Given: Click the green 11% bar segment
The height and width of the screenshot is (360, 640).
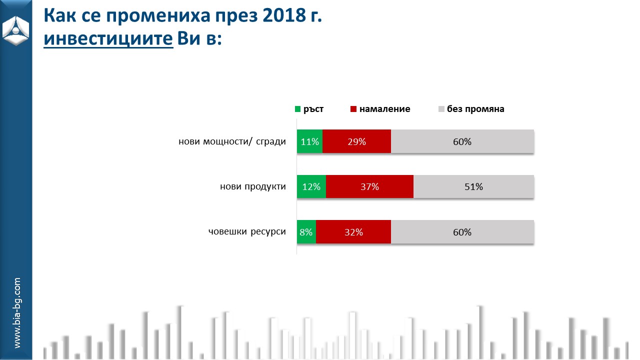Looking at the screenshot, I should tap(310, 141).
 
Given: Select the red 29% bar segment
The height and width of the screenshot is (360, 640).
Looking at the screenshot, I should tap(356, 141).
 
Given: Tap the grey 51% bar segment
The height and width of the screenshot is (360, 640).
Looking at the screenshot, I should tap(473, 187).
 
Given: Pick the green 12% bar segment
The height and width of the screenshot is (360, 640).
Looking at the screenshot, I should tap(311, 187).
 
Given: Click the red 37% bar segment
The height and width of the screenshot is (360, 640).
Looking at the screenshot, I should tap(369, 187).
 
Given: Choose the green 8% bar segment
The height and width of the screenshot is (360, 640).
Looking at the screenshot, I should tap(306, 232).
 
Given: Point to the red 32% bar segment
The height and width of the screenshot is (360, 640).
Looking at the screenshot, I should tap(353, 232).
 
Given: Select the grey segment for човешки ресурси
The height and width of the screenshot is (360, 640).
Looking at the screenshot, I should tap(462, 232).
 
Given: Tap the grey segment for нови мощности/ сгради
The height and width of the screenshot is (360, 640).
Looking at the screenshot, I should tap(462, 141).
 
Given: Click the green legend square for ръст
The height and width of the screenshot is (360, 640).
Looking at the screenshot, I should tap(298, 109).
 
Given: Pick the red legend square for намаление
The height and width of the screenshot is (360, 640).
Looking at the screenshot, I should tap(354, 109).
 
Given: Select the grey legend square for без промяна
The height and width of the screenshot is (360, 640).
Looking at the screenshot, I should tap(441, 109).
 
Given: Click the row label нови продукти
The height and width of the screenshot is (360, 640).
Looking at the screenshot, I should tap(253, 187).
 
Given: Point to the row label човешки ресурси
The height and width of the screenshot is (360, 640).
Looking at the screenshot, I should tap(247, 232).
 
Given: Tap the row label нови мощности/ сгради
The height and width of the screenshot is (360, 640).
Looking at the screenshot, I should tap(232, 141).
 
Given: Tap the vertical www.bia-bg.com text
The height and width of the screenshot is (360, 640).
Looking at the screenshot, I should tap(17, 313).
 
